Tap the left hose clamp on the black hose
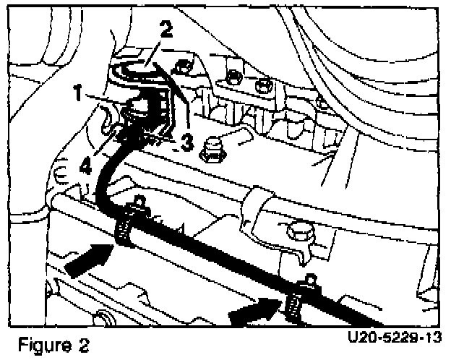coord(128,226)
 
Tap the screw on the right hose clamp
coord(309,283)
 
